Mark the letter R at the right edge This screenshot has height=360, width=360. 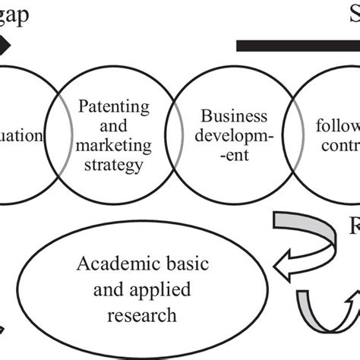tap(353, 229)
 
